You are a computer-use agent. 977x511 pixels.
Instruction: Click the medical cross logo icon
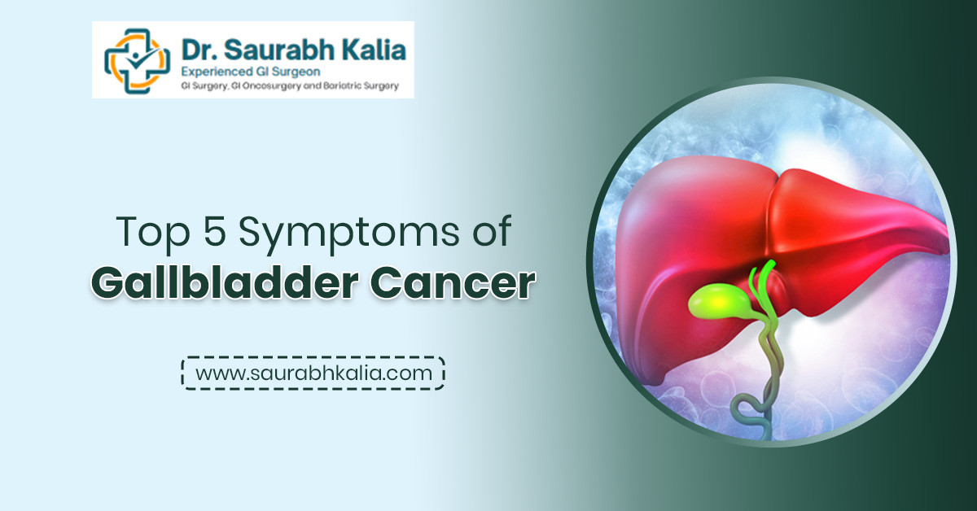point(137,61)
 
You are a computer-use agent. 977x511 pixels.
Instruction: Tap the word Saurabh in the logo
point(279,50)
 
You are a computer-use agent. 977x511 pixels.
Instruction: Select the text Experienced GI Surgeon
point(251,72)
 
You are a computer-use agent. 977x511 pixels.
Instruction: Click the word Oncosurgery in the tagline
point(272,86)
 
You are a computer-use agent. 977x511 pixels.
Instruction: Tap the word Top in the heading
point(154,233)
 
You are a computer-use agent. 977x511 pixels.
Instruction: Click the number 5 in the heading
point(215,230)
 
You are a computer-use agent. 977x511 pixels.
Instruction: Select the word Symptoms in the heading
point(349,234)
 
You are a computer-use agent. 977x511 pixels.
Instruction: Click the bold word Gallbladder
point(225,283)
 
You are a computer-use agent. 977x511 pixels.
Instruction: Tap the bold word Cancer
point(453,284)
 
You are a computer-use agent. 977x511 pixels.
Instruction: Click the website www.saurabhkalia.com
point(313,373)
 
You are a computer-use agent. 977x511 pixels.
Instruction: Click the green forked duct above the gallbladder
point(762,283)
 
